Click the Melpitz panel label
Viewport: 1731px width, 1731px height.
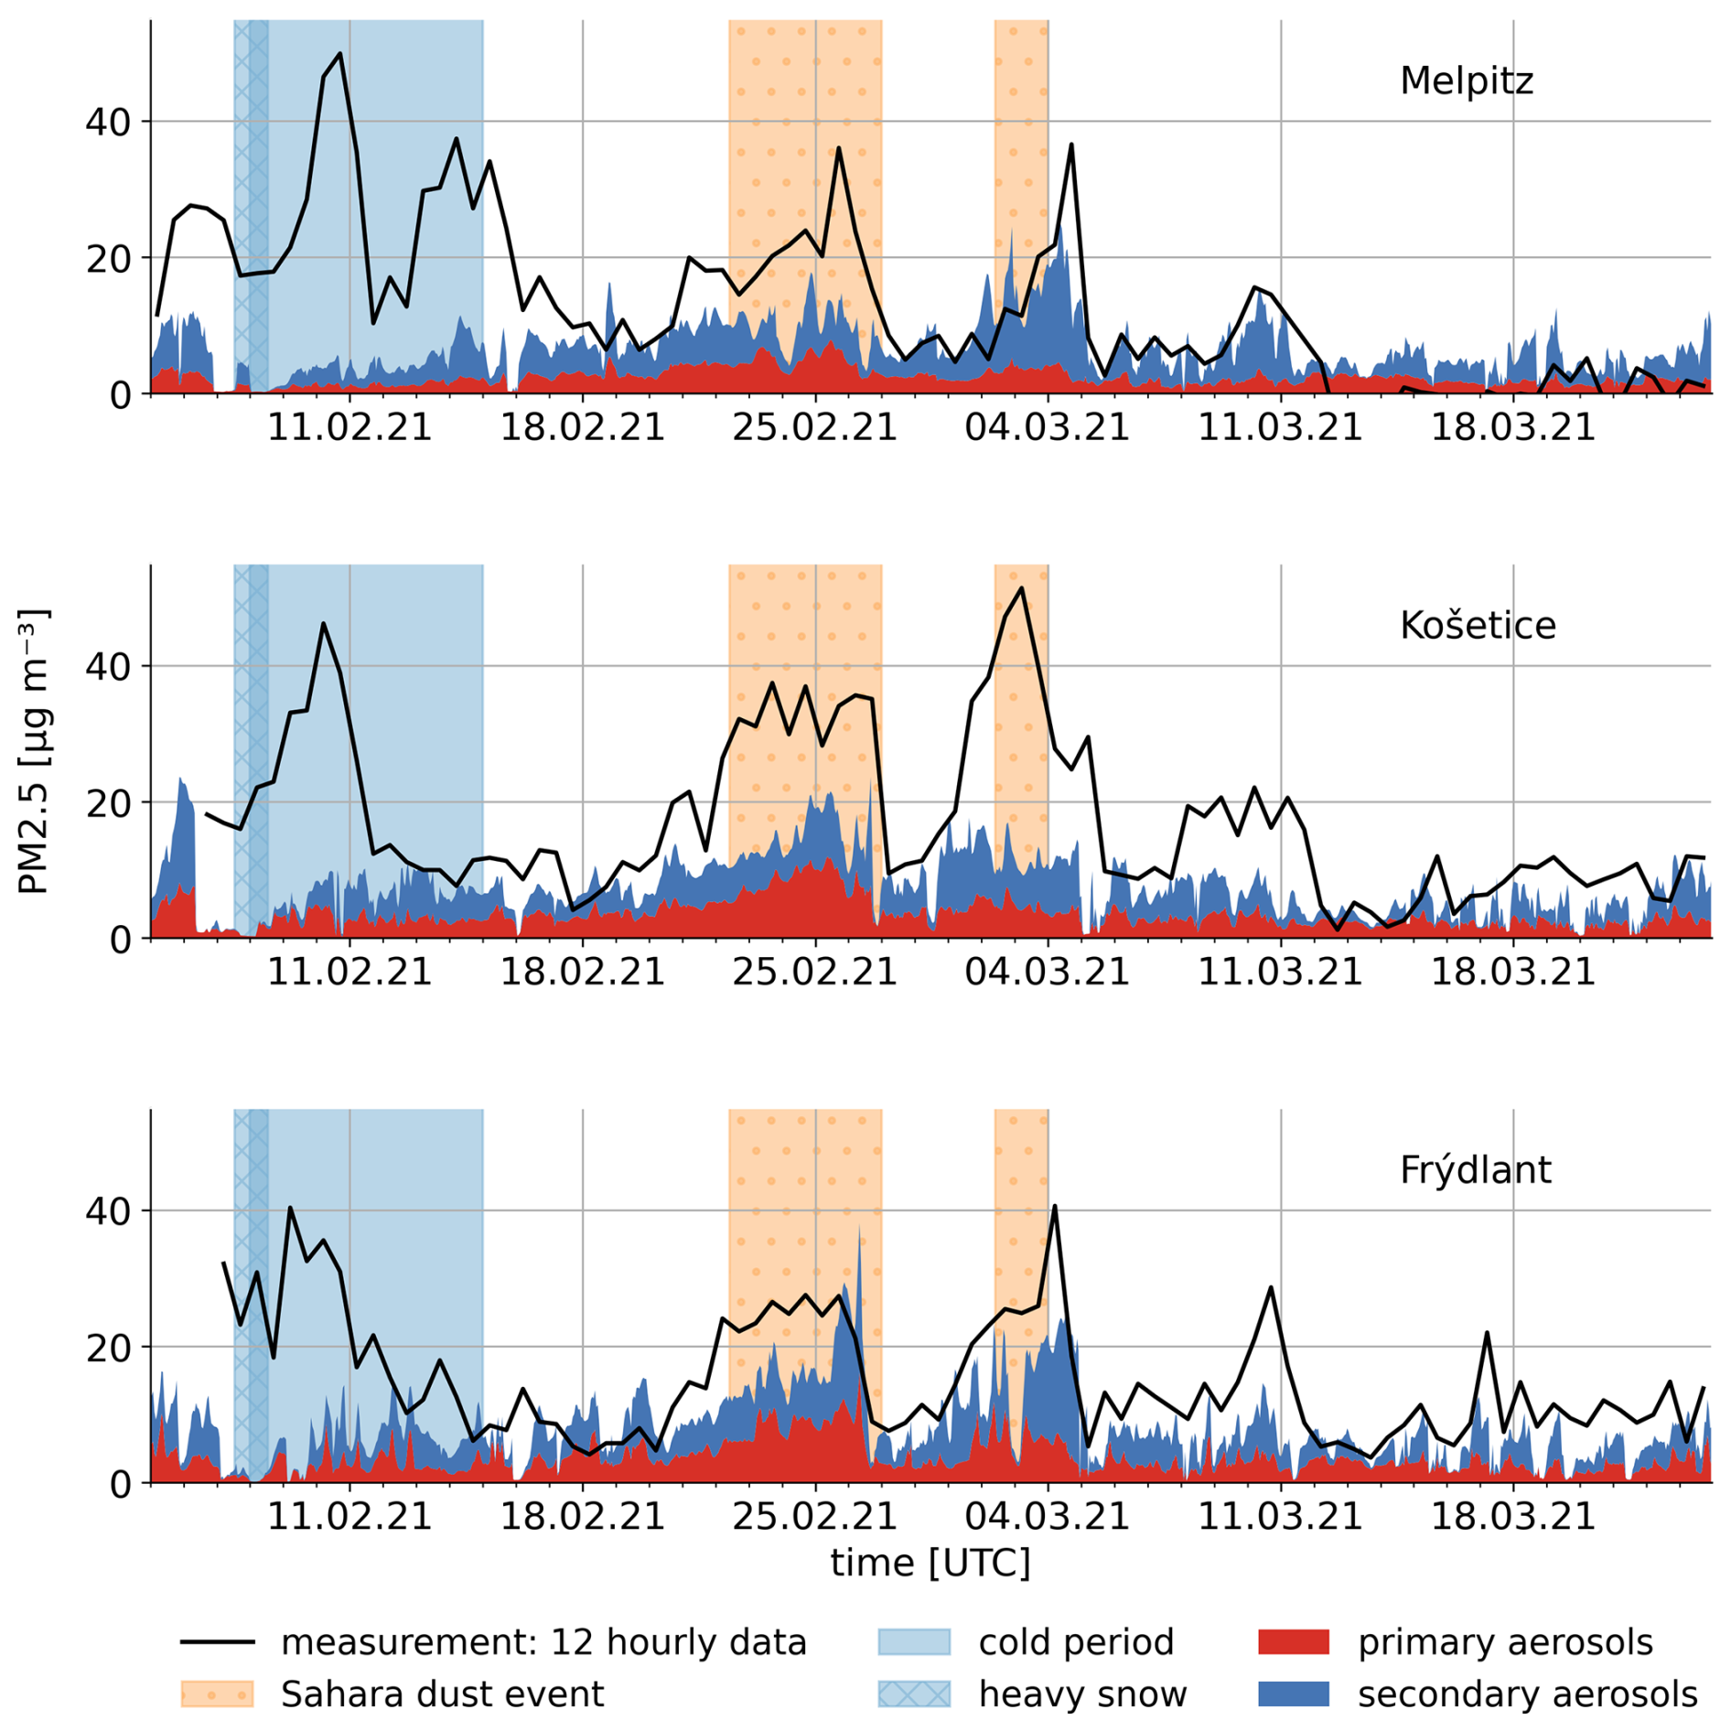point(1466,81)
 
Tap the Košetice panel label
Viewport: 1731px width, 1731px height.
point(1477,626)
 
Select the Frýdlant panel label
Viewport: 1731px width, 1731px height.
point(1475,1170)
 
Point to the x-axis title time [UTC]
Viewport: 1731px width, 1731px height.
point(930,1563)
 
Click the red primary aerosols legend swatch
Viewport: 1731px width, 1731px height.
point(1293,1642)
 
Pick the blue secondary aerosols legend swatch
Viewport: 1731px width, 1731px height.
point(1293,1693)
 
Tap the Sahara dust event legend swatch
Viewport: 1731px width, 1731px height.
point(217,1693)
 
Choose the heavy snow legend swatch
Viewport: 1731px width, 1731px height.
point(913,1693)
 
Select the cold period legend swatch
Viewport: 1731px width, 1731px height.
point(913,1642)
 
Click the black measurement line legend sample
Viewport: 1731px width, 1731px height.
point(217,1642)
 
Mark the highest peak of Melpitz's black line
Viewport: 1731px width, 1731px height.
point(339,54)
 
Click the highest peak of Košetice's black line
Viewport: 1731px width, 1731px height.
point(1021,588)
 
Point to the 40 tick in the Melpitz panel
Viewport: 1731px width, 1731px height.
point(108,122)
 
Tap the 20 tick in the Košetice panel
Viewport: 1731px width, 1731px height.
point(108,803)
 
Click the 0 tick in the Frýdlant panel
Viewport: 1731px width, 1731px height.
point(120,1485)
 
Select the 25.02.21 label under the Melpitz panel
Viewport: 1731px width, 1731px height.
point(814,427)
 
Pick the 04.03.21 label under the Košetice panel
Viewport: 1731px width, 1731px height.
point(1047,972)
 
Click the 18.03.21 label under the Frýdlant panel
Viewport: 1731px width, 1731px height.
point(1512,1516)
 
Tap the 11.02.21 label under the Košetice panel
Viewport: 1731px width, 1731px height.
point(349,972)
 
